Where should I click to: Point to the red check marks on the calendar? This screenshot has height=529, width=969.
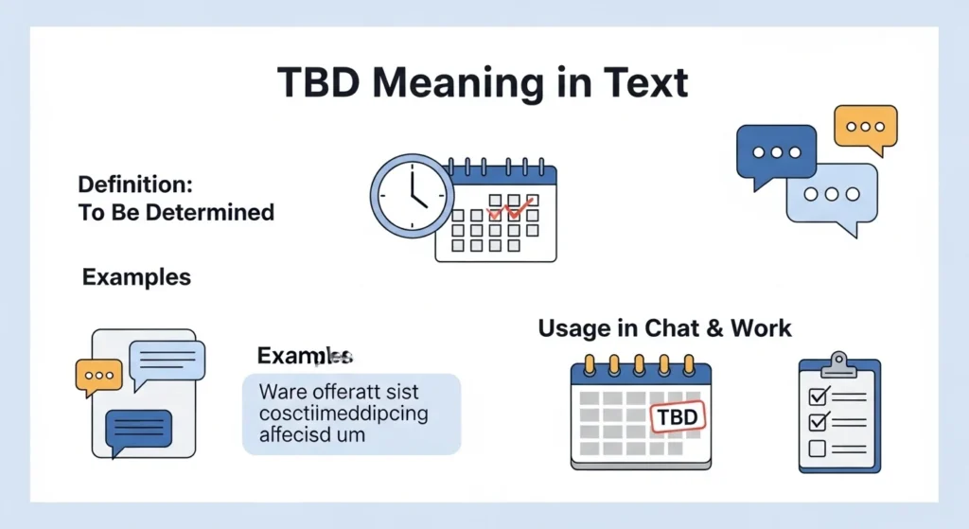[x=506, y=205]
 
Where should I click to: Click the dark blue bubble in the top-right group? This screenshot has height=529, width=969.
[x=775, y=152]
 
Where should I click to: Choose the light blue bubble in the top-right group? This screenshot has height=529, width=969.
[x=832, y=195]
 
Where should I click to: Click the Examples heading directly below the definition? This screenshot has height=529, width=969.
[x=136, y=277]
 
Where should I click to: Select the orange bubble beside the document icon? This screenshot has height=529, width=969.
[x=98, y=377]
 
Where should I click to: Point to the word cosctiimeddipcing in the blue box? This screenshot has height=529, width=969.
[x=343, y=414]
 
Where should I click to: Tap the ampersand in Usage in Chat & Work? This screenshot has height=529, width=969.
[x=714, y=328]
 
